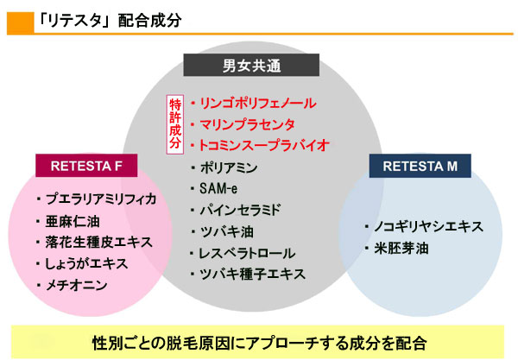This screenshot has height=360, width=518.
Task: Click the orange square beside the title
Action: point(21,23)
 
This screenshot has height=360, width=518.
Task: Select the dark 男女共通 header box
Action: point(251,65)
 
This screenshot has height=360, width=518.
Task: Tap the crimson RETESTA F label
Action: point(86,166)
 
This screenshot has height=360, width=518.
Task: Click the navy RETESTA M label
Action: point(420,166)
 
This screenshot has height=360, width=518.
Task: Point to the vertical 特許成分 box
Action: point(174,124)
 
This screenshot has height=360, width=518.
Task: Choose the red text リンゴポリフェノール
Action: point(258,104)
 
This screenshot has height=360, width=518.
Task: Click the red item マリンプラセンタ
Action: point(247,124)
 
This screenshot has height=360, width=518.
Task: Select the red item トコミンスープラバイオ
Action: point(264,146)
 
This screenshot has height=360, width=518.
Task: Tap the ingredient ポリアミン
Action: point(229,167)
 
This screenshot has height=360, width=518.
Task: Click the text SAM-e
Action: point(218,188)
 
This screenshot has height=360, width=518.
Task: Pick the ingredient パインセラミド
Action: point(240,210)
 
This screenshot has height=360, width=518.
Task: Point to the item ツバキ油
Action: point(226,232)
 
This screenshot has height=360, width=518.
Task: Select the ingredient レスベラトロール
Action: point(247,253)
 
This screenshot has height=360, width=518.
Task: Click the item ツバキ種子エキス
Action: point(252,275)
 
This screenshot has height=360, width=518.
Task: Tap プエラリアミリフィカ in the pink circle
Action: point(101,199)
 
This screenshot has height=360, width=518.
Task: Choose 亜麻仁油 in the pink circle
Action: point(73,221)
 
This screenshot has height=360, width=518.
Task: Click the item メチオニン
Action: point(76,285)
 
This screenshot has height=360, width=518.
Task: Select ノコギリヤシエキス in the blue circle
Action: point(428,227)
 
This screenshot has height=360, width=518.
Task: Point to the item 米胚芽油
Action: point(401,249)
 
